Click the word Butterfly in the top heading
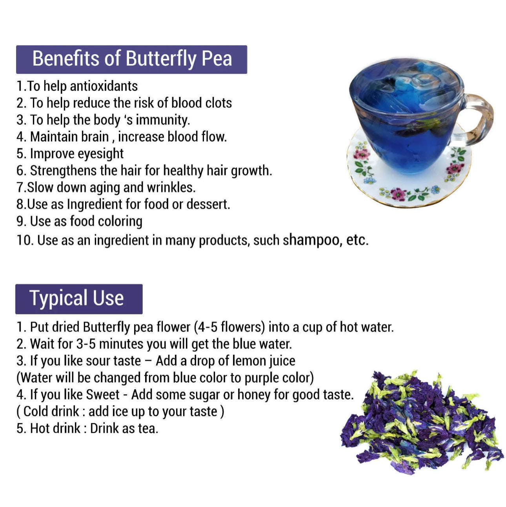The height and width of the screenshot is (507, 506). (x=161, y=59)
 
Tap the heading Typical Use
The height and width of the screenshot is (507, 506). (x=76, y=299)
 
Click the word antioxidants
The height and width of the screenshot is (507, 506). (x=104, y=86)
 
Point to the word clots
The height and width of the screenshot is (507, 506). (x=218, y=103)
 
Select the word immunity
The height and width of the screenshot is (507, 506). (x=163, y=120)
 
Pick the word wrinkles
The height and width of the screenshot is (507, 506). (x=171, y=188)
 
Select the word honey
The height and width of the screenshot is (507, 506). (x=254, y=395)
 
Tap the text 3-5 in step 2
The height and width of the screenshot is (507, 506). (x=86, y=344)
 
